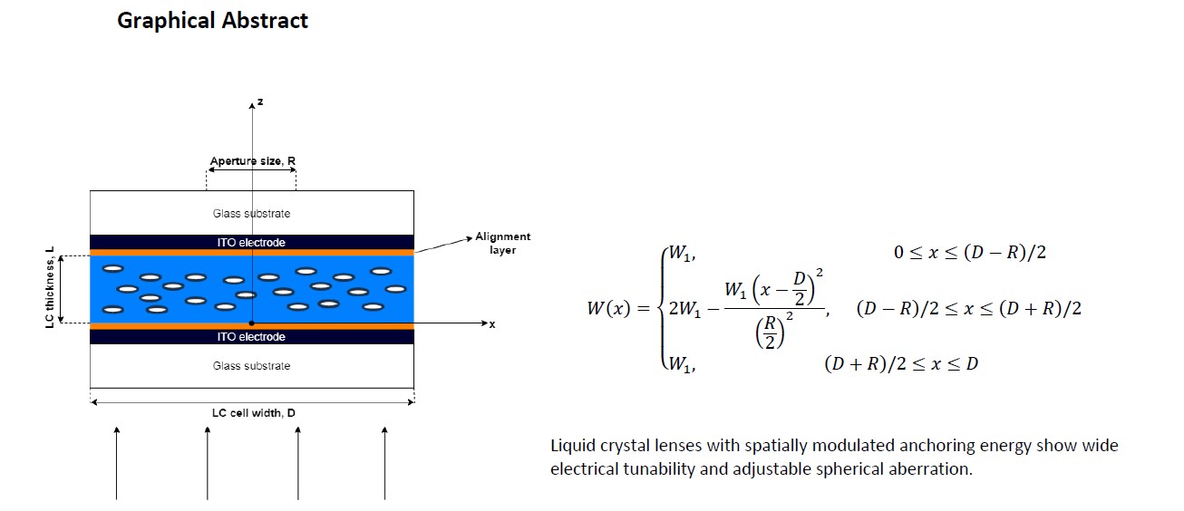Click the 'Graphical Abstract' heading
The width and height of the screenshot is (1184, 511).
click(x=212, y=21)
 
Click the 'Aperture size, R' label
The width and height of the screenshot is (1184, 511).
click(x=252, y=161)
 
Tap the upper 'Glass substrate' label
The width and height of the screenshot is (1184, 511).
click(x=251, y=214)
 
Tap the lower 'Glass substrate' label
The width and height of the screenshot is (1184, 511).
click(x=251, y=366)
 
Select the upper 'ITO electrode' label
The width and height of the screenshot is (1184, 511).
click(x=251, y=243)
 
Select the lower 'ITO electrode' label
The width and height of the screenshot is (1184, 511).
click(x=251, y=337)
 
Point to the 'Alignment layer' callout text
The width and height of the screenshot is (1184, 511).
click(x=502, y=243)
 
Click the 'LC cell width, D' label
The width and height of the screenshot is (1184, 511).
click(x=252, y=413)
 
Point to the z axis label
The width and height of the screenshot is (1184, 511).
click(x=260, y=102)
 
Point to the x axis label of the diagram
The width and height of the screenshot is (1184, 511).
click(x=492, y=324)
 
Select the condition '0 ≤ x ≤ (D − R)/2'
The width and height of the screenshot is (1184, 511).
click(x=969, y=253)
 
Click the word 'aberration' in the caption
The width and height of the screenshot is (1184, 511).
click(x=931, y=470)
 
